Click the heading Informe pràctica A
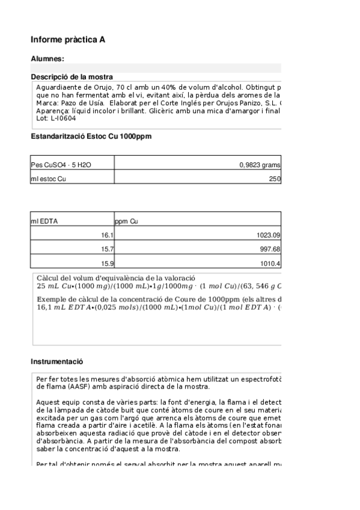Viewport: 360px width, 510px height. click(x=68, y=40)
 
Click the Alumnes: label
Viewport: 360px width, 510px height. click(x=47, y=58)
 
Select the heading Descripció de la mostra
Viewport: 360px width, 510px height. click(x=72, y=77)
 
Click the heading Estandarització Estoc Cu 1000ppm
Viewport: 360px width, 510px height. click(x=91, y=137)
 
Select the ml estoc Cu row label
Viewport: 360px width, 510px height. click(x=49, y=179)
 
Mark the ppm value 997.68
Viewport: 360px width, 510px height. click(x=270, y=249)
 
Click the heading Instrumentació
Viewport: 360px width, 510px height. click(x=56, y=361)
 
